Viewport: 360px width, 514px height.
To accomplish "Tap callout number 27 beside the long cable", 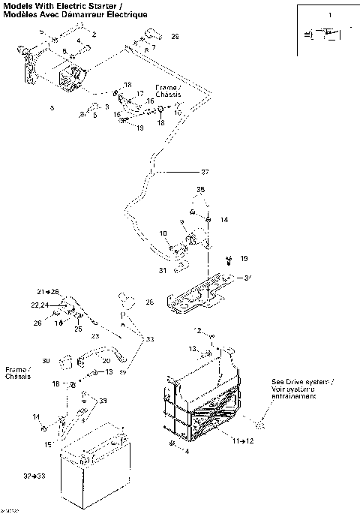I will point(204,173).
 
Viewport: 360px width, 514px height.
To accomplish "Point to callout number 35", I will point(199,191).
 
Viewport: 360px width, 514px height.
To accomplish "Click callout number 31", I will point(162,270).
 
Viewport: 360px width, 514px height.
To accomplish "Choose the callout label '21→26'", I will point(47,291).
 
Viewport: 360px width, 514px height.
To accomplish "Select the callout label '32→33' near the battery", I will point(33,476).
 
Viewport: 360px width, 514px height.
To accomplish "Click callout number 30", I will point(46,361).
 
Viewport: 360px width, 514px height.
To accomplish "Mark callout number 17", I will point(140,94).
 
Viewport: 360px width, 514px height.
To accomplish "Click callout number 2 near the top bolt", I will point(94,35).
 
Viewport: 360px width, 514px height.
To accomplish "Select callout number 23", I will point(94,336).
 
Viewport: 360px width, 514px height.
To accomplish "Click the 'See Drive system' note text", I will point(303,388).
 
